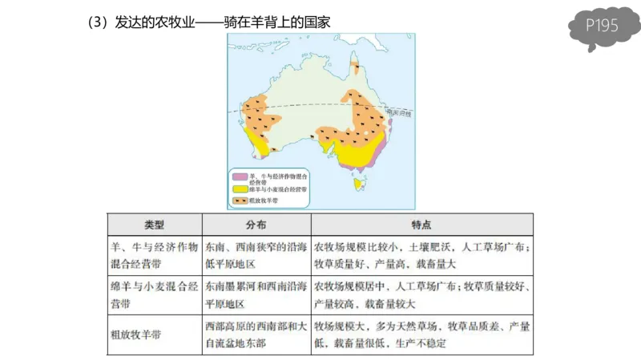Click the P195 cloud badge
coord(601,26)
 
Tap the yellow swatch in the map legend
coord(238,189)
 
